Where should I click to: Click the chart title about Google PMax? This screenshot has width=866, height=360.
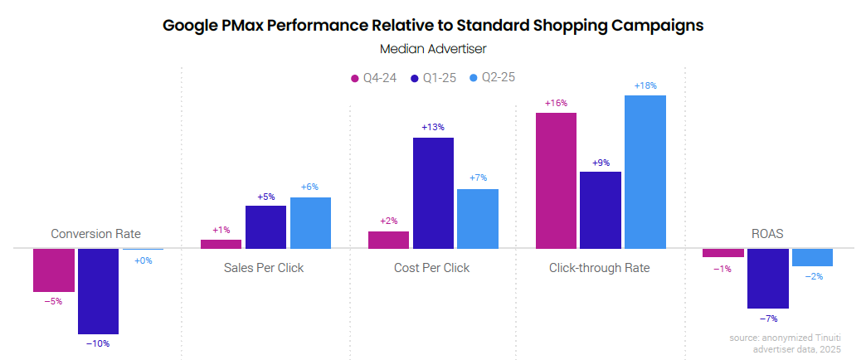433,25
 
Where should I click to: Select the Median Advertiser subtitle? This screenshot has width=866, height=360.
433,50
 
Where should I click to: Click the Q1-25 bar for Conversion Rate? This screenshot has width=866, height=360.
98,290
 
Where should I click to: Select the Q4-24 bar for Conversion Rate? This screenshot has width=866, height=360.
54,270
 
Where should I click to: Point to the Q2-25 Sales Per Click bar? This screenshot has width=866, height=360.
311,222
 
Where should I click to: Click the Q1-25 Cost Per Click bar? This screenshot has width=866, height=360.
433,192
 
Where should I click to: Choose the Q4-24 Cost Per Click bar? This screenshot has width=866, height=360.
388,240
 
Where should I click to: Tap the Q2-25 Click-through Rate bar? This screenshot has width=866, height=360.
645,172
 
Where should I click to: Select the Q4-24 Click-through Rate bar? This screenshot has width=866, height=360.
556,180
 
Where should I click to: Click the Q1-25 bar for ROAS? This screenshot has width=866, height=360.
767,278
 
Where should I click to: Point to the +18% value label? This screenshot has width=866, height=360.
645,86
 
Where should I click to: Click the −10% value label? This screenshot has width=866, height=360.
98,343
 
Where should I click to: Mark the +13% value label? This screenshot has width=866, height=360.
433,128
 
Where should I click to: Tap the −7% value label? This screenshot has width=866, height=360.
767,318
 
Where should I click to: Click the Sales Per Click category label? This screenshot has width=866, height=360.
264,268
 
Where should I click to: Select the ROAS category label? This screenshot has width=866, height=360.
767,234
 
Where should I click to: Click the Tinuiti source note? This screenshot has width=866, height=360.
785,343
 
